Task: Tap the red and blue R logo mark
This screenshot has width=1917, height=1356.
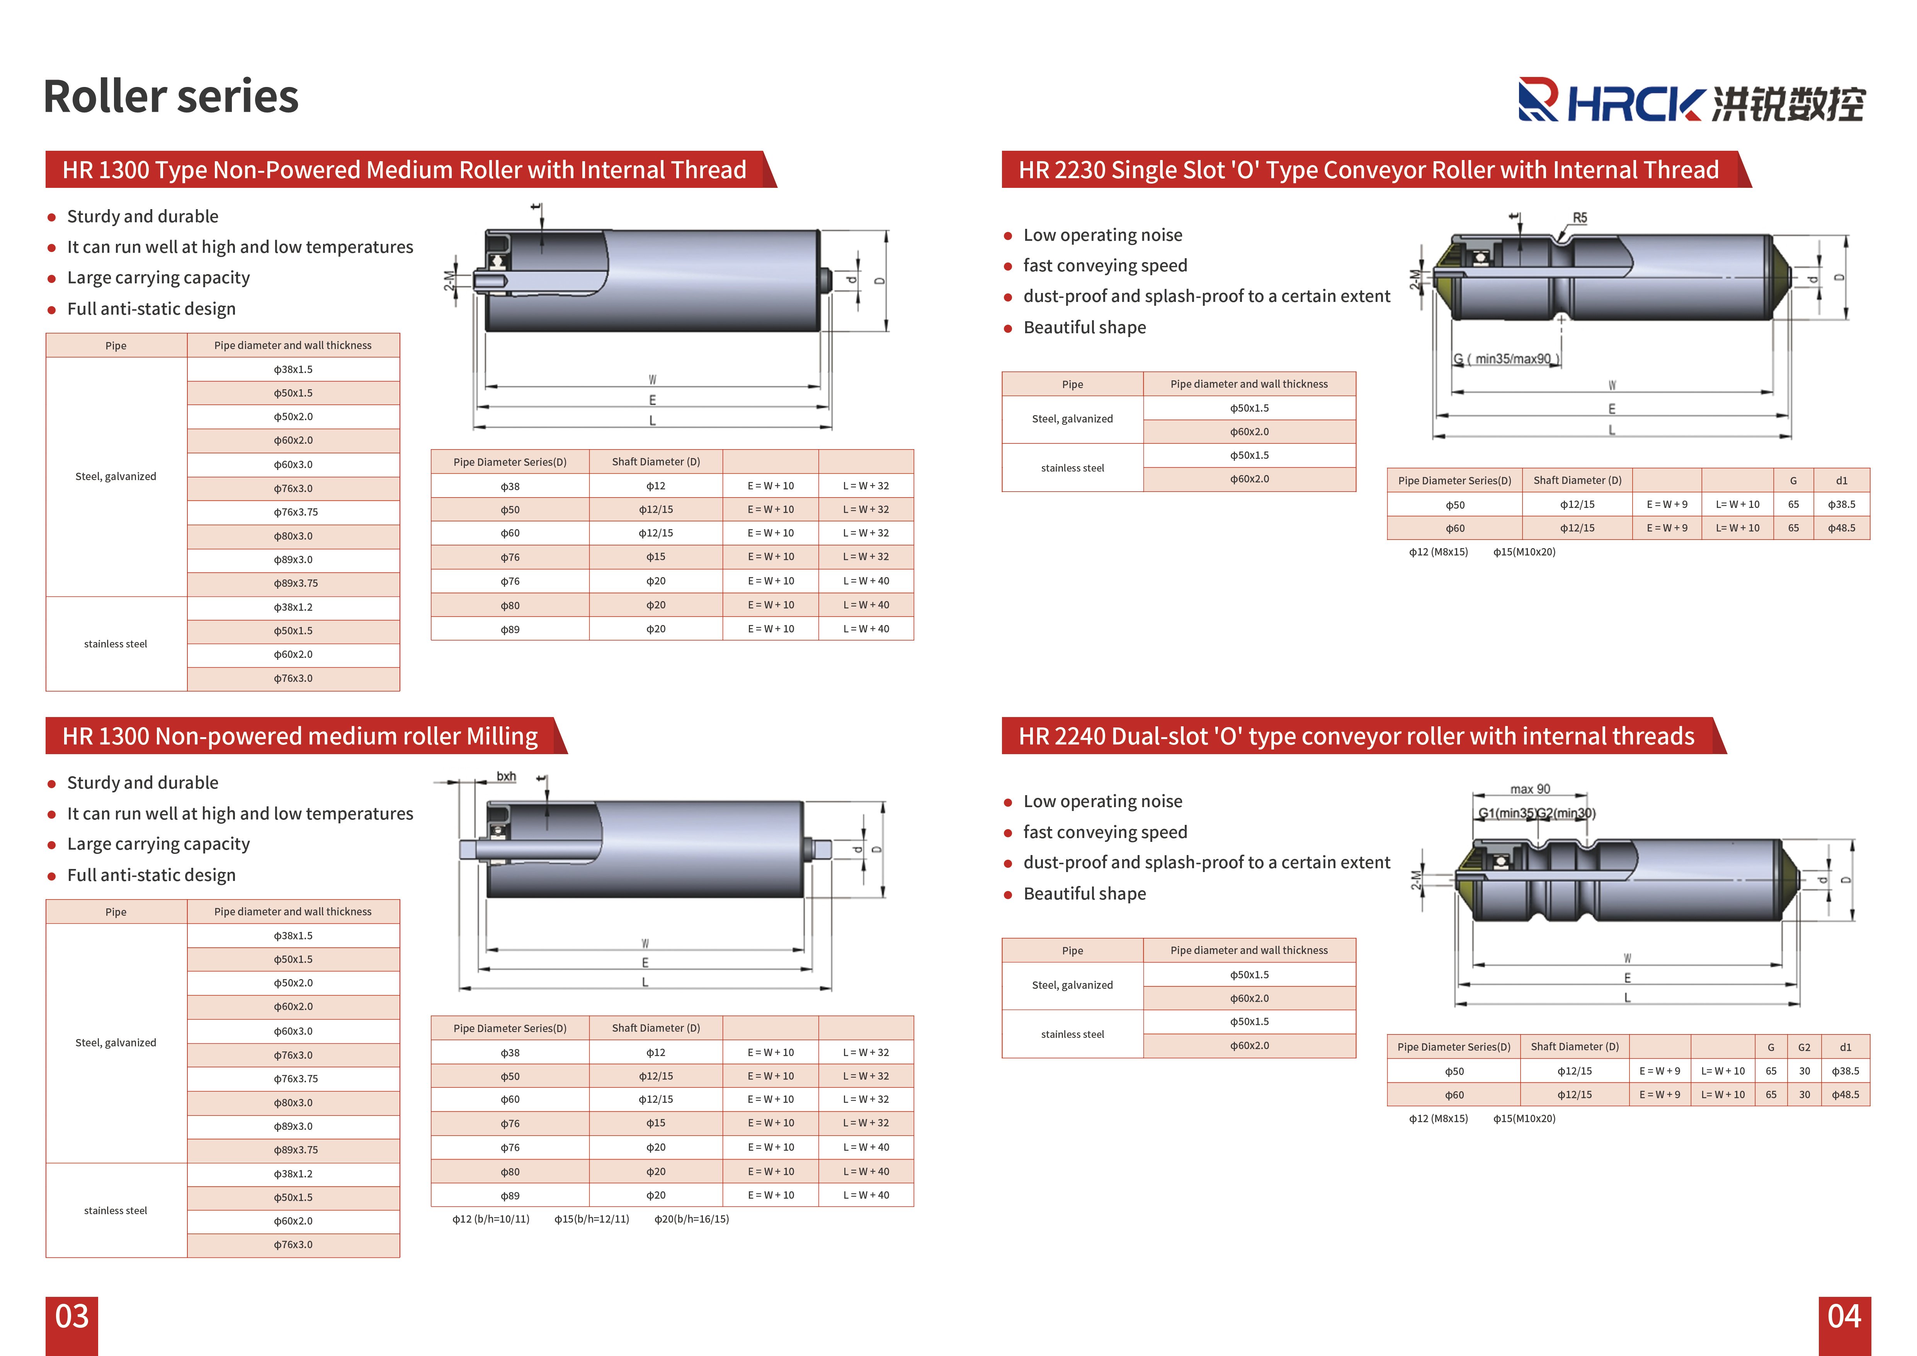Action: (x=1538, y=100)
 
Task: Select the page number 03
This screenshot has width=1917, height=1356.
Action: (x=72, y=1317)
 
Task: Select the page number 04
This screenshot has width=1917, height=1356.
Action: (x=1844, y=1317)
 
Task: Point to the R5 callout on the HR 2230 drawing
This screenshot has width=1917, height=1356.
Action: (x=1580, y=218)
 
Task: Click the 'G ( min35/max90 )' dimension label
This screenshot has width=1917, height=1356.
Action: (x=1506, y=359)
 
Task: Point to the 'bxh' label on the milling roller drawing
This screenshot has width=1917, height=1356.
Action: (x=506, y=777)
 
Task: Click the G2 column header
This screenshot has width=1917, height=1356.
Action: (x=1804, y=1047)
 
